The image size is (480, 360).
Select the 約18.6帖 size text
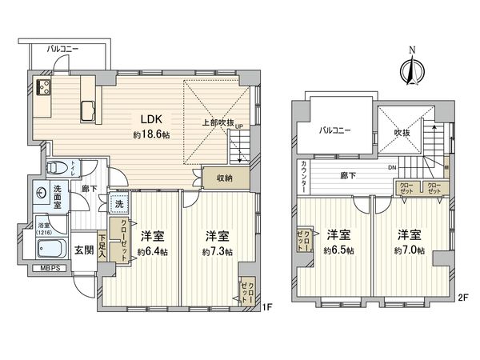[150, 136]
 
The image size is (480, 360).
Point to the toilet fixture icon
[56, 169]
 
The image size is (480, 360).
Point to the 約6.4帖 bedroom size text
[150, 251]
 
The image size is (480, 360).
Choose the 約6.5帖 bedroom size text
[338, 250]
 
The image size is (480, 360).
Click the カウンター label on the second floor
[305, 174]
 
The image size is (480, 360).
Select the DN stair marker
[391, 167]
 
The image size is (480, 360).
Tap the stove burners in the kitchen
[43, 88]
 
